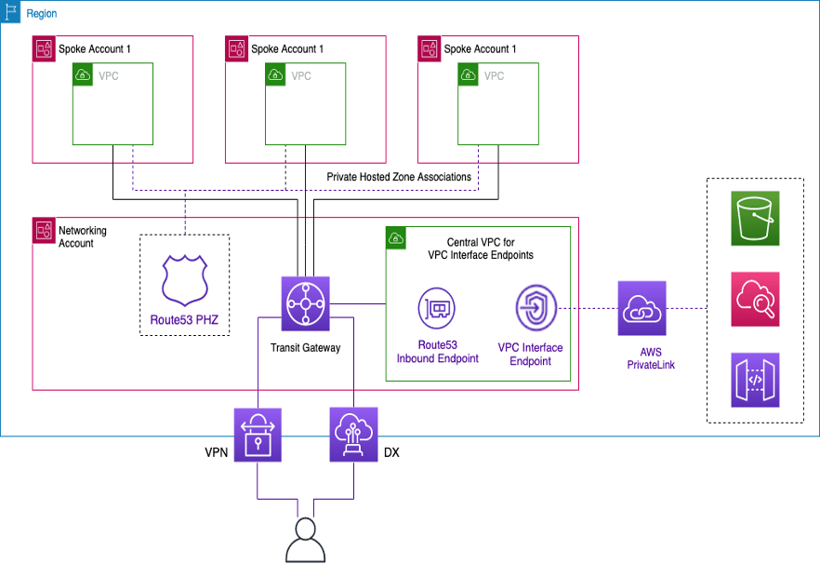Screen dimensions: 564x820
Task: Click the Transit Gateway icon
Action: point(306,304)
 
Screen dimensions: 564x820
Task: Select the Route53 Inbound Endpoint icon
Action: point(436,307)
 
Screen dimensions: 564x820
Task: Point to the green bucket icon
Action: point(755,218)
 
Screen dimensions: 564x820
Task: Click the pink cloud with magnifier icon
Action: point(755,299)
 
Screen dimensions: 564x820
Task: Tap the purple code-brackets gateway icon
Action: point(755,380)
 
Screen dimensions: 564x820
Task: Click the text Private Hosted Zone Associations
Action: point(399,177)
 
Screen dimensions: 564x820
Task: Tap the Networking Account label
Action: point(83,236)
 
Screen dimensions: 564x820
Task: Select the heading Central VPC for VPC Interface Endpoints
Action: point(481,248)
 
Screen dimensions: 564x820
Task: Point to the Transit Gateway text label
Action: point(306,348)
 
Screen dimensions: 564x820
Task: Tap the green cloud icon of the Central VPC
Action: point(396,236)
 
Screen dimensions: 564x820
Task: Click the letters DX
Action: point(392,453)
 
